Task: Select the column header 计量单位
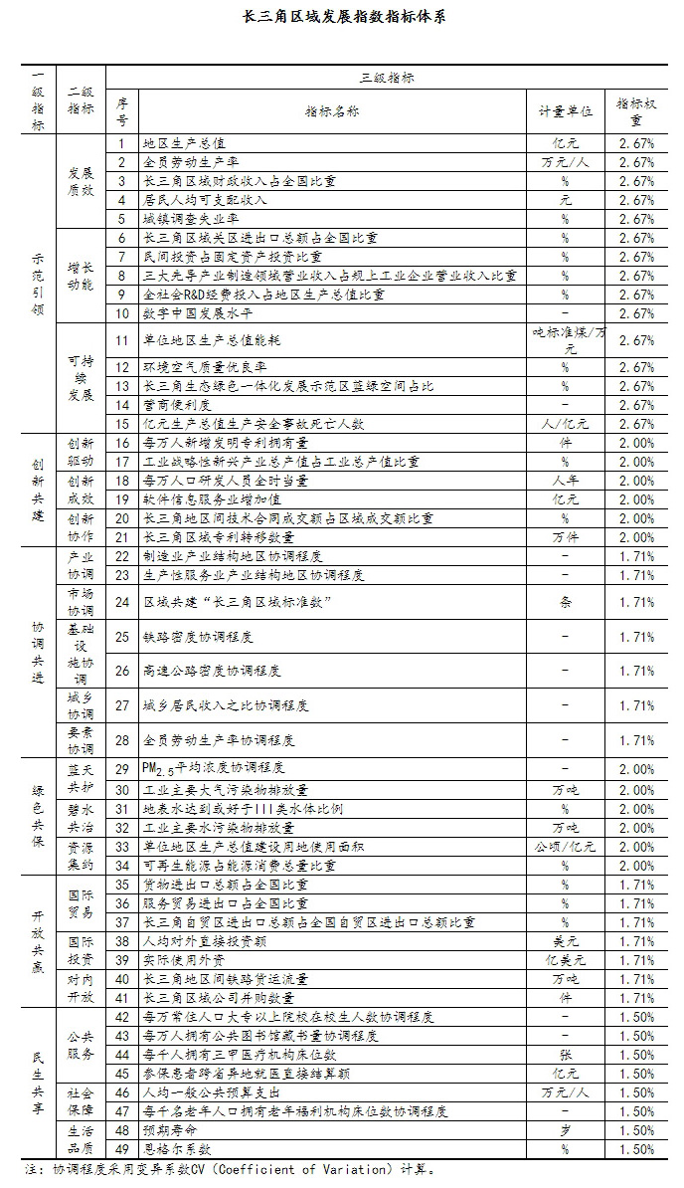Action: point(565,112)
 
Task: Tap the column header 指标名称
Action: point(332,112)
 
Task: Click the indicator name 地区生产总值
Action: point(185,143)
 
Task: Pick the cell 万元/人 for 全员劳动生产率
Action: point(565,162)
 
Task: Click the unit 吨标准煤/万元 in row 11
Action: point(565,341)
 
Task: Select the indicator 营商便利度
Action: point(178,405)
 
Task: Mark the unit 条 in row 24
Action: point(565,602)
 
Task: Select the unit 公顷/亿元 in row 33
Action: point(565,847)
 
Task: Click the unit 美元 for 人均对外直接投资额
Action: point(565,940)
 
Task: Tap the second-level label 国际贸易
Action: point(81,903)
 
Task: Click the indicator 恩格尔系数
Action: point(178,1149)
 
